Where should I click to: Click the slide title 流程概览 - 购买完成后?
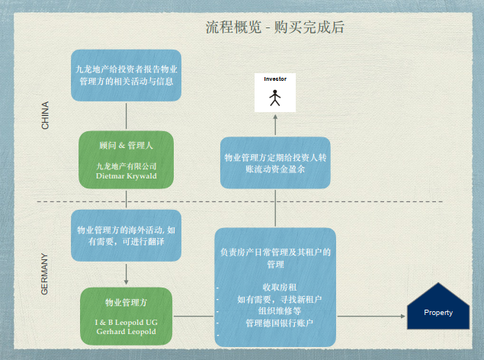pos(275,27)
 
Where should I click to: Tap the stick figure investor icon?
pos(274,98)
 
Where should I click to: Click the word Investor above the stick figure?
pos(274,79)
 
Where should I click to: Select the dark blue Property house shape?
pos(438,308)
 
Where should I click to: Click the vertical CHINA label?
pos(45,114)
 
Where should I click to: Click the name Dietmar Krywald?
pos(126,175)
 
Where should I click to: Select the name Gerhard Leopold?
pos(126,332)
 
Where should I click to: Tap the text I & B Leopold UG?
pos(126,322)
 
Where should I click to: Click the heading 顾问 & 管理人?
pos(126,144)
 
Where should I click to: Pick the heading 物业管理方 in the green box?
pos(126,301)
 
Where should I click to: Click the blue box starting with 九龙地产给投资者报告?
pos(126,75)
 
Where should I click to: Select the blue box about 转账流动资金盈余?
pos(274,163)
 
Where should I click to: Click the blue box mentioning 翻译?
pos(126,235)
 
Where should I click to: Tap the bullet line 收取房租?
pos(275,288)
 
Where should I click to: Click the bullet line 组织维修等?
pos(275,311)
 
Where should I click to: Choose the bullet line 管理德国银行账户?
pos(279,323)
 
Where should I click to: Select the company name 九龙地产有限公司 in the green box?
pos(126,166)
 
